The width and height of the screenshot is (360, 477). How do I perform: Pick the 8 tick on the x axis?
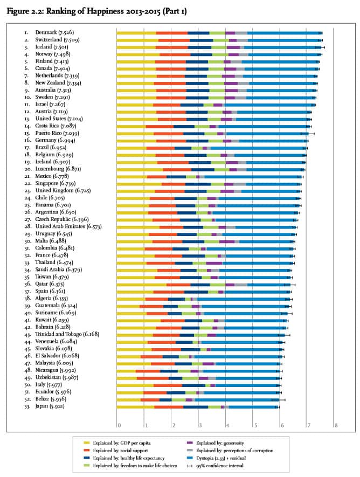336,426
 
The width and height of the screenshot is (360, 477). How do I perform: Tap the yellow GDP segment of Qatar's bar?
142,284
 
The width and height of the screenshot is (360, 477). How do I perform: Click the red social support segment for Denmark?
172,33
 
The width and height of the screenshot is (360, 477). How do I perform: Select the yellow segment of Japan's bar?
135,406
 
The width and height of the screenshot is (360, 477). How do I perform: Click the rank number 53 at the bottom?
26,406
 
